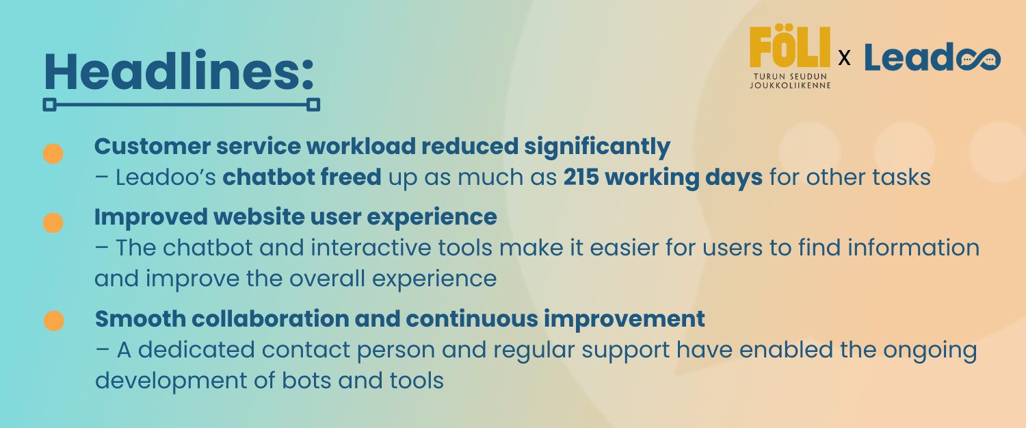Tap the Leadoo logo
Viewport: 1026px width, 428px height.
click(932, 58)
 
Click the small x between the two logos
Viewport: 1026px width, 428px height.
click(844, 58)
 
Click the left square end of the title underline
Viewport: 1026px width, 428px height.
click(49, 105)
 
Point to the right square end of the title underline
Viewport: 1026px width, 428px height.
click(313, 105)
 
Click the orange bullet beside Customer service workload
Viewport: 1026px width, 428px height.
click(53, 153)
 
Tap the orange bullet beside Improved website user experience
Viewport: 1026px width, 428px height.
click(53, 223)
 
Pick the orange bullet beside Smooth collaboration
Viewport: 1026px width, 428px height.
click(54, 320)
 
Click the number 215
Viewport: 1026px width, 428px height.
click(581, 177)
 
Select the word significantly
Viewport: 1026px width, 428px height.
click(597, 147)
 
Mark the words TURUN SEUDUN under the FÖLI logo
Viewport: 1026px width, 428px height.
click(790, 77)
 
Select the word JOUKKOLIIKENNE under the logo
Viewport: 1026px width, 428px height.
click(790, 86)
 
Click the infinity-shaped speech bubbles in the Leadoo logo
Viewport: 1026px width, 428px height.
click(978, 60)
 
